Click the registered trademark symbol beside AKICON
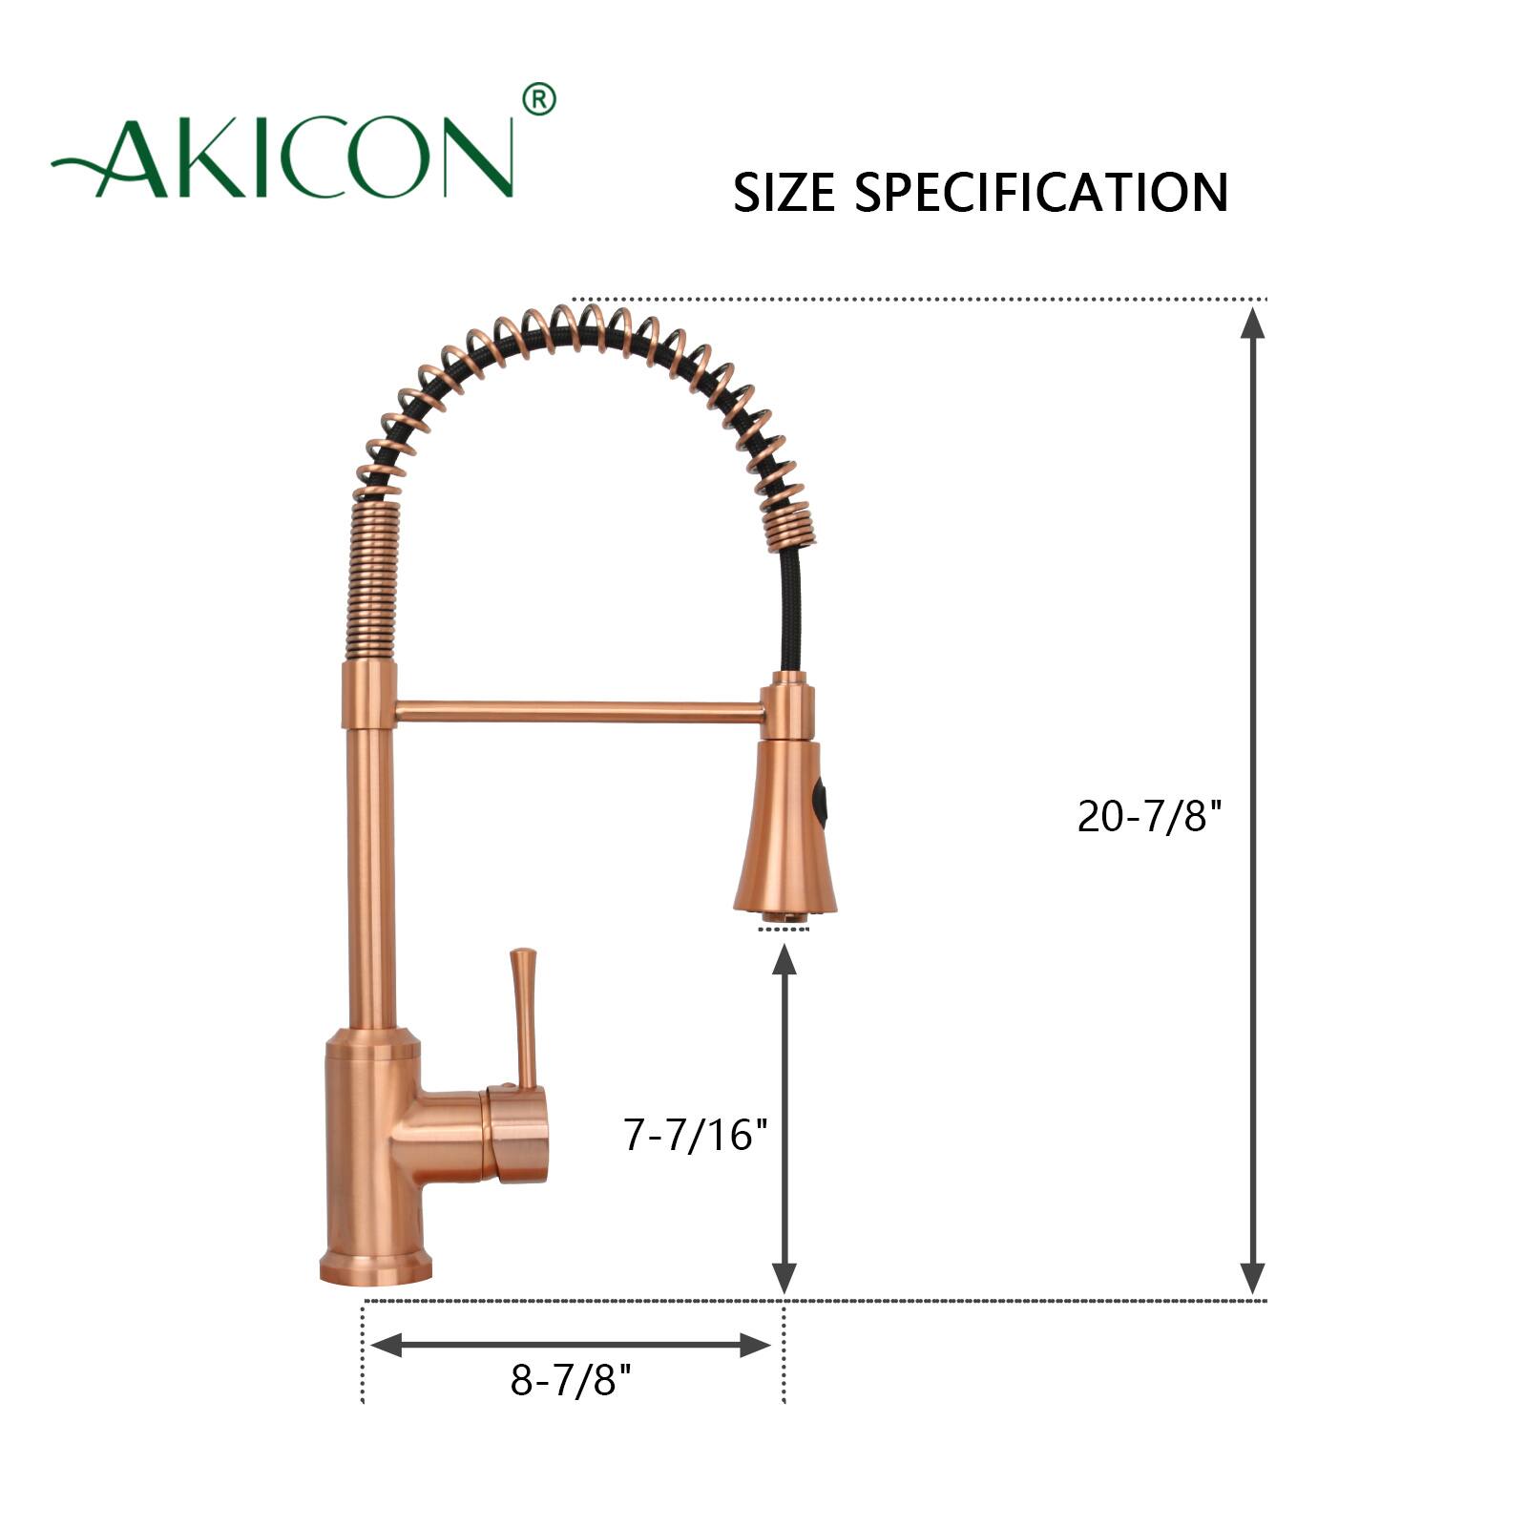pyautogui.click(x=539, y=99)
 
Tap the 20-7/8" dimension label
pyautogui.click(x=1149, y=817)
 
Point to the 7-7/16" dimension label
pyautogui.click(x=695, y=1135)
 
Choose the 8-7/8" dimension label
pyautogui.click(x=571, y=1379)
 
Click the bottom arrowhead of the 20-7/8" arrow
pyautogui.click(x=1252, y=1279)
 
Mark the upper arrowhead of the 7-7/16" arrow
pyautogui.click(x=784, y=958)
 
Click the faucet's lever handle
pyautogui.click(x=524, y=1012)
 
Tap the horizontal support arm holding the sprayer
pyautogui.click(x=577, y=711)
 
